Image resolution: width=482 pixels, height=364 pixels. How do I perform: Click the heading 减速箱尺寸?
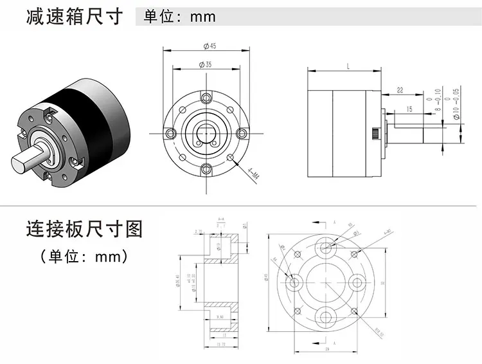click(x=75, y=17)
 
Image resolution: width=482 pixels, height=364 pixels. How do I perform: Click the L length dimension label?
click(x=347, y=66)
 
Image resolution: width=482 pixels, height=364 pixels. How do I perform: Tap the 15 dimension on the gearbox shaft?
click(x=409, y=110)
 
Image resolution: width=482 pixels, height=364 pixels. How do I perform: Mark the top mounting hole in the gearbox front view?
click(x=206, y=97)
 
